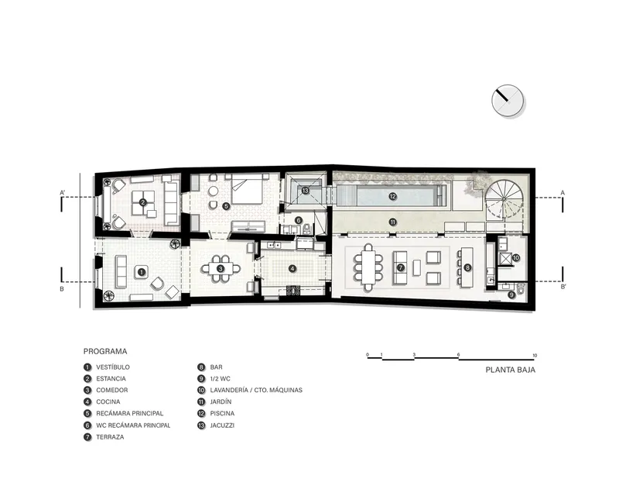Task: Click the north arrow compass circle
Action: (x=508, y=101)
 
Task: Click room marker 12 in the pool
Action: (x=392, y=196)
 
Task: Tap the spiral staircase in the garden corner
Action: (x=504, y=198)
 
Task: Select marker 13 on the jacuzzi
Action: (x=305, y=191)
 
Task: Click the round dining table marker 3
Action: (x=221, y=269)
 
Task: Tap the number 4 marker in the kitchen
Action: (x=292, y=269)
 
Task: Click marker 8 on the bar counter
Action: (x=467, y=267)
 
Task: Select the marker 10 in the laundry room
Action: (x=516, y=258)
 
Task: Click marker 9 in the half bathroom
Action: (x=511, y=295)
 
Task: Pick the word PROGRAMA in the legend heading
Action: (x=105, y=351)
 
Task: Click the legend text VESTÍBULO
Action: (x=113, y=367)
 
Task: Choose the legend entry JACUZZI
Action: (x=222, y=426)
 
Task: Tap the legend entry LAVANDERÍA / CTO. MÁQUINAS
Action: (x=256, y=390)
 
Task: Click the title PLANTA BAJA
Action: (x=511, y=370)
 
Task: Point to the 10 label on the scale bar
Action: (x=535, y=356)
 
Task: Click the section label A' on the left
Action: (x=63, y=193)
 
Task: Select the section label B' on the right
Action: (x=563, y=287)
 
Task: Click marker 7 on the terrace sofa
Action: (x=401, y=267)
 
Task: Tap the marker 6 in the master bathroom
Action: (x=298, y=220)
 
